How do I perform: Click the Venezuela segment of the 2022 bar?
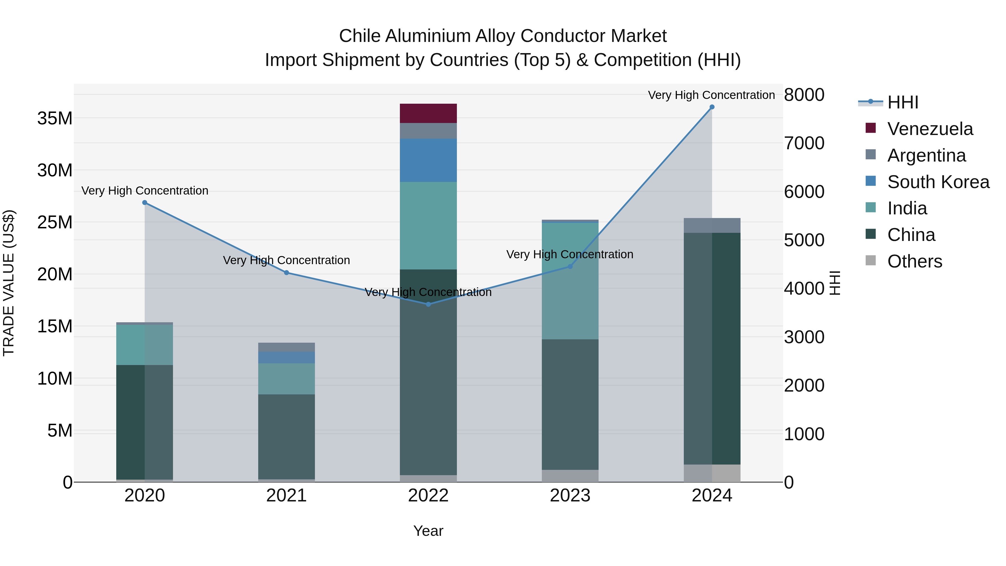428,113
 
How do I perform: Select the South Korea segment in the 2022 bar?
428,160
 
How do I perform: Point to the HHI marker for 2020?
145,202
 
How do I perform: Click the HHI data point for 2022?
428,304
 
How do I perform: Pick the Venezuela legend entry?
930,129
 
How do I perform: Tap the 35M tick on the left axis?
55,118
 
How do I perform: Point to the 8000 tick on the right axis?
804,95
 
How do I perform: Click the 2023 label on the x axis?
570,496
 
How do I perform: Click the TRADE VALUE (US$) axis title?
9,283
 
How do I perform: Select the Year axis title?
428,531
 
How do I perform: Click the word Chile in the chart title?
359,36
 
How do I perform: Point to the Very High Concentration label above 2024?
711,95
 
